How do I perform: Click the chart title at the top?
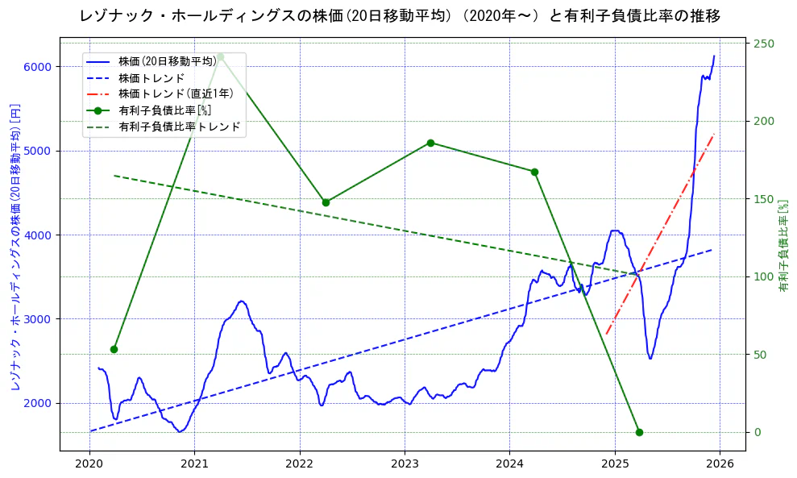[401, 15]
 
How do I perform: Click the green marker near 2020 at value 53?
[114, 349]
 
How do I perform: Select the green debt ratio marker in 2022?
[326, 202]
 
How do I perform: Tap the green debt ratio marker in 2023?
[430, 143]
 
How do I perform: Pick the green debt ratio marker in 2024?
[534, 172]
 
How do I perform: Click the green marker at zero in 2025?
[639, 432]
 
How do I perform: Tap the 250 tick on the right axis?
[762, 44]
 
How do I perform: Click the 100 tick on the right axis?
[762, 276]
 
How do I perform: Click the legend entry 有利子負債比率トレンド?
[179, 127]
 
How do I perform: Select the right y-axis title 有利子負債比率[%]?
[782, 246]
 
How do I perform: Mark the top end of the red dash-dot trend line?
[714, 134]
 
